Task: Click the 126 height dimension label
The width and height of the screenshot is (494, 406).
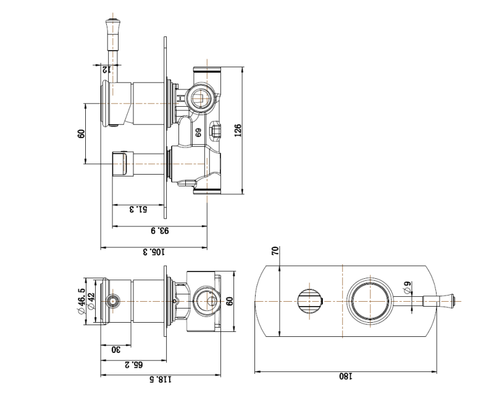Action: click(238, 130)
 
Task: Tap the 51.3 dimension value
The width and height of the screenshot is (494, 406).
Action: click(139, 210)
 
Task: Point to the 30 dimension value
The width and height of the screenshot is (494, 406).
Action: click(115, 349)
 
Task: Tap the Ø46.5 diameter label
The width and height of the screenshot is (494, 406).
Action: click(82, 301)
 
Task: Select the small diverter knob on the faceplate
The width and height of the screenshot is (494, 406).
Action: click(309, 300)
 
